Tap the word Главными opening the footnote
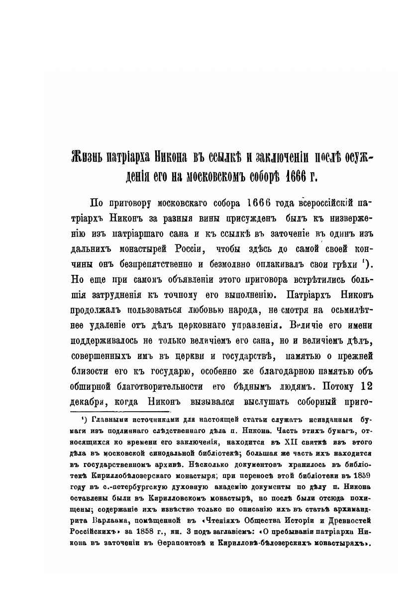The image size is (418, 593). [106, 421]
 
